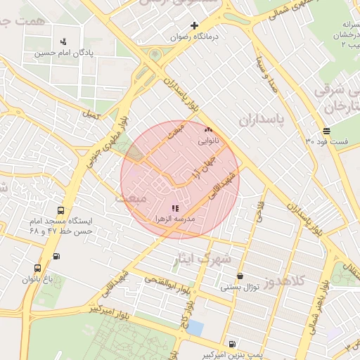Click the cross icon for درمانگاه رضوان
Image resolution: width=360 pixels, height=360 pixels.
195,26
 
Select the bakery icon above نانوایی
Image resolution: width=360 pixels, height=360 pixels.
207,130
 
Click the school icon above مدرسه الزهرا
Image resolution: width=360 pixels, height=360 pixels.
175,208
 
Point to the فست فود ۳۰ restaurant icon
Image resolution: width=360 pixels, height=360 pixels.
327,131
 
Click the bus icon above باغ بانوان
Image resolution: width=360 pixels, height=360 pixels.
37,268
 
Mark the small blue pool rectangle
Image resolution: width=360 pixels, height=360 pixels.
195,328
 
